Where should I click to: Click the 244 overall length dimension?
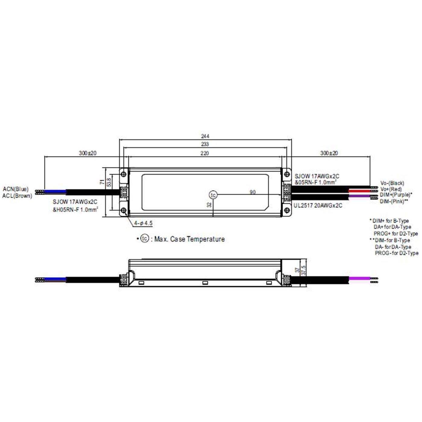click(x=205, y=136)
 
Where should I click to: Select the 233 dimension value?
click(x=205, y=144)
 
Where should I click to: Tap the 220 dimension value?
click(x=205, y=153)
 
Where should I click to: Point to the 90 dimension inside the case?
click(x=253, y=192)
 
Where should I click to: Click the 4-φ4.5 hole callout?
click(x=143, y=223)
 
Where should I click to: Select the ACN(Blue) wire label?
click(x=16, y=189)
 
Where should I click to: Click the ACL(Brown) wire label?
click(x=17, y=196)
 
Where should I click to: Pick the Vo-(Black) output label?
click(x=392, y=183)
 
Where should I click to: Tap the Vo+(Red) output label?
click(x=391, y=189)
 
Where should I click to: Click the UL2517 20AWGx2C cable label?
click(x=318, y=206)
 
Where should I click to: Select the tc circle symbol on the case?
click(x=213, y=195)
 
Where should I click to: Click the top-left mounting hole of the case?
click(x=123, y=174)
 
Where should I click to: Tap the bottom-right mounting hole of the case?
click(x=287, y=210)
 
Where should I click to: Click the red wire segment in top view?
click(x=359, y=191)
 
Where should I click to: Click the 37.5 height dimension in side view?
click(x=304, y=269)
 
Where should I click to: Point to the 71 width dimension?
click(x=102, y=182)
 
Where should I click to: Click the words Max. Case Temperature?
click(x=189, y=239)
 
